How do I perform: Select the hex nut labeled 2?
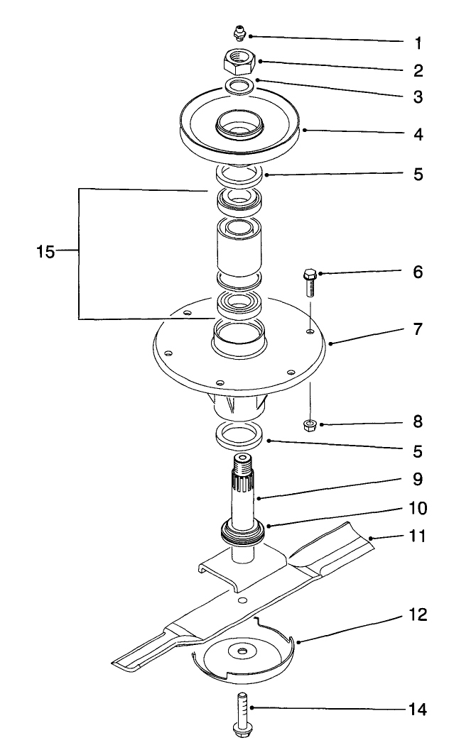click(x=239, y=63)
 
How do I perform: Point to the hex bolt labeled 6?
click(x=310, y=283)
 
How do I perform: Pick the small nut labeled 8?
click(x=310, y=425)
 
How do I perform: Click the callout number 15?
click(x=45, y=252)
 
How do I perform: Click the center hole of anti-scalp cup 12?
click(x=243, y=651)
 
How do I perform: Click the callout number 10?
click(x=418, y=509)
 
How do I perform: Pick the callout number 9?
click(x=418, y=480)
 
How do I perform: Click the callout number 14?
click(x=418, y=709)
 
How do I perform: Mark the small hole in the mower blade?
click(x=243, y=600)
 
